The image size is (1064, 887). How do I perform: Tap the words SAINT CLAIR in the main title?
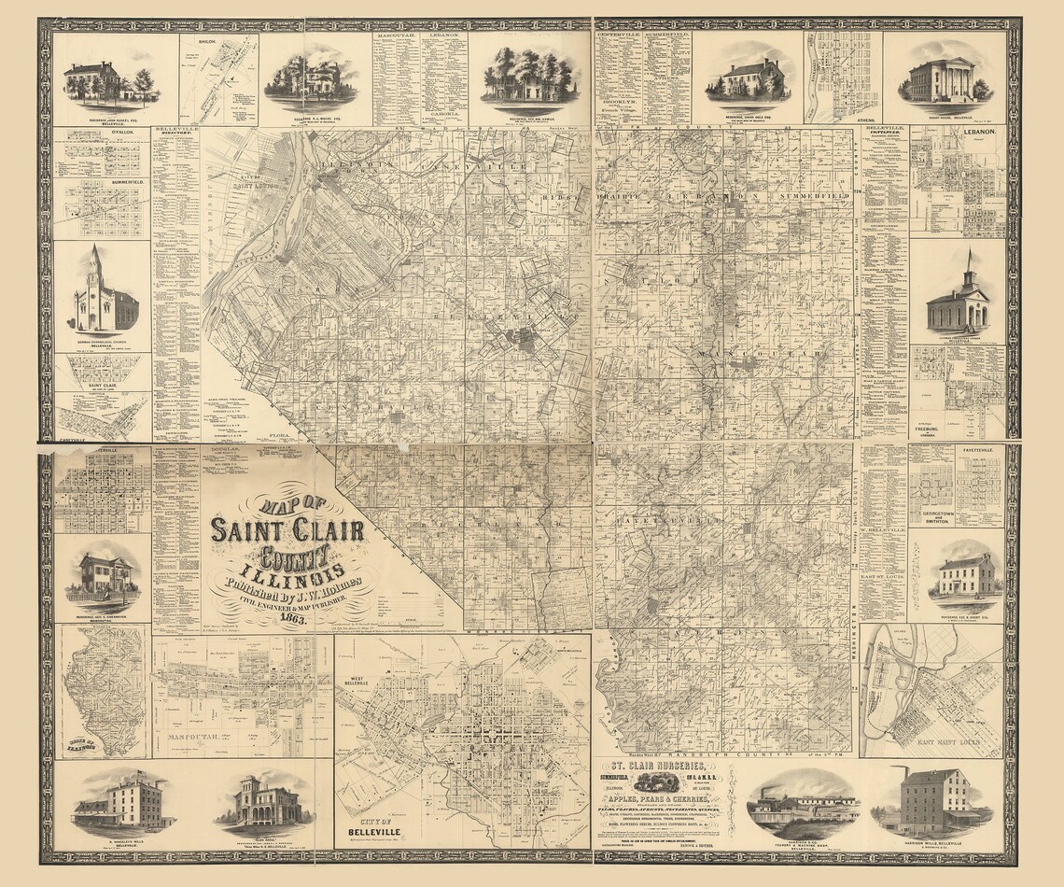tap(287, 530)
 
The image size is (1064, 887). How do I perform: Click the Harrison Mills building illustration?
tap(930, 801)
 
